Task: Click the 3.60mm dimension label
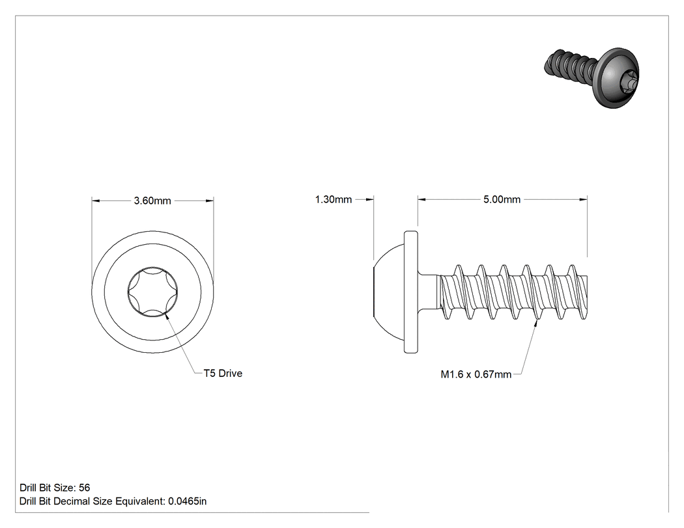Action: (152, 201)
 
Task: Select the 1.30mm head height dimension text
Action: (334, 199)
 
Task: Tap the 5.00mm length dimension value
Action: (502, 199)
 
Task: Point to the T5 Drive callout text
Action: (223, 373)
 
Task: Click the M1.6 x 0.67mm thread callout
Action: (476, 374)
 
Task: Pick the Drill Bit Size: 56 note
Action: (55, 488)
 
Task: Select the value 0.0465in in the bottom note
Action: (188, 501)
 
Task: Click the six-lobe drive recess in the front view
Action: (152, 292)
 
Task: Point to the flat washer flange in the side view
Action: (411, 292)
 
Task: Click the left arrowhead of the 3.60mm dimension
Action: (96, 201)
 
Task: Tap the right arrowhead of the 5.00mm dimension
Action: (583, 199)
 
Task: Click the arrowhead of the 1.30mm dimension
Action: (369, 199)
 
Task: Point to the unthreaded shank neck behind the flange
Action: (429, 292)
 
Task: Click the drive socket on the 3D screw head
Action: (629, 80)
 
